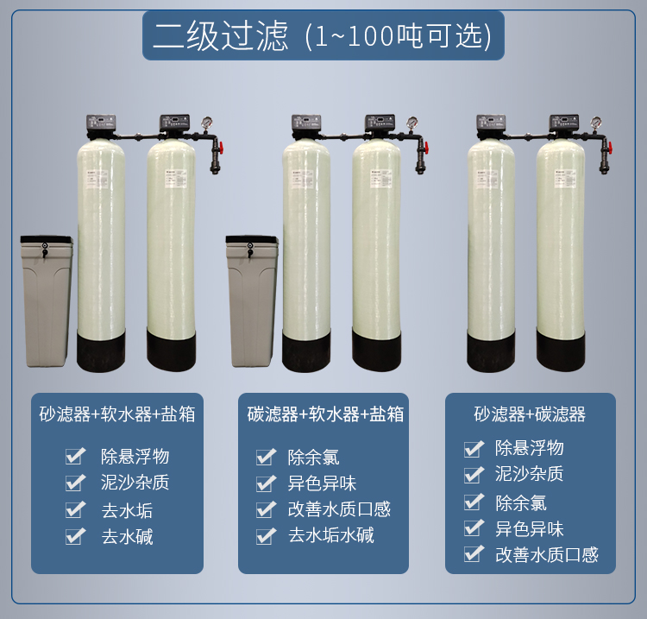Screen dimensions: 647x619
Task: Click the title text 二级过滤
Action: click(x=220, y=35)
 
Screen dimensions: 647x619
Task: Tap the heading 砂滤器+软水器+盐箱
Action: click(x=117, y=414)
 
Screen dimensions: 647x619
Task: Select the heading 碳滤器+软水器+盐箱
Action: click(x=325, y=414)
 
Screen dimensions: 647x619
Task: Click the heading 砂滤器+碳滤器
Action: click(x=530, y=414)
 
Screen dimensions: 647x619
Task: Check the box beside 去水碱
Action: click(x=75, y=536)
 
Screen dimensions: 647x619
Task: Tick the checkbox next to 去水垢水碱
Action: click(x=266, y=536)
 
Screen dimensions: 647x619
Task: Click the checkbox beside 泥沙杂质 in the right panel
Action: click(x=474, y=474)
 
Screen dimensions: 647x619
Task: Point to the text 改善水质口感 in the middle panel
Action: click(x=339, y=509)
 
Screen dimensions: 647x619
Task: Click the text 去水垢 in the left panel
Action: click(x=127, y=510)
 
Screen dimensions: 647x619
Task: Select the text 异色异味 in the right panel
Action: click(x=530, y=529)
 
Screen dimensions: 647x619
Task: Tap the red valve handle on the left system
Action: click(x=221, y=146)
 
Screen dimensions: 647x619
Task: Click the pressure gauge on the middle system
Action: click(x=412, y=123)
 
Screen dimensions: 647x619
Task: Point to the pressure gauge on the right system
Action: click(x=595, y=123)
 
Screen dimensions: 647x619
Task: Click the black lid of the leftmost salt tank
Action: click(x=47, y=239)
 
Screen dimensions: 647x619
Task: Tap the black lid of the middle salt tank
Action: click(x=252, y=239)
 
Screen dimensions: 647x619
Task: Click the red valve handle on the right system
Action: click(x=609, y=146)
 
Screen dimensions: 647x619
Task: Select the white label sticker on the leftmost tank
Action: click(x=96, y=179)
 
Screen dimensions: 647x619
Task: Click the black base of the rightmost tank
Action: click(x=561, y=350)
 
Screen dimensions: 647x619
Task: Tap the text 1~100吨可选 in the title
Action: click(x=399, y=36)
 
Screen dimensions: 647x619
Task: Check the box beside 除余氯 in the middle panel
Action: click(x=266, y=457)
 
